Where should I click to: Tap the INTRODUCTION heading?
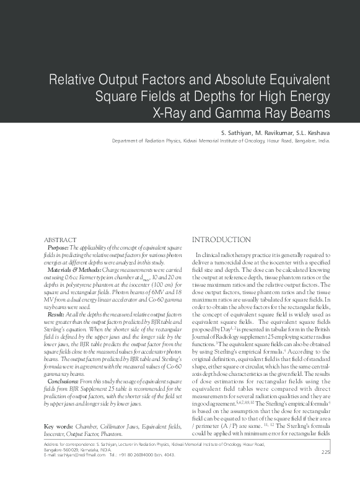(221, 240)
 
